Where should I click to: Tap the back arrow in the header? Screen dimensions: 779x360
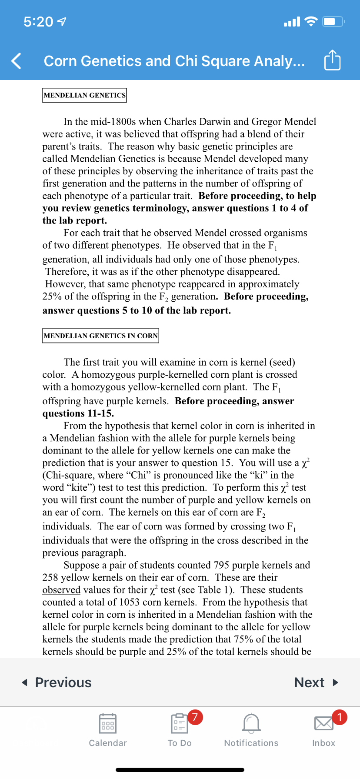click(17, 61)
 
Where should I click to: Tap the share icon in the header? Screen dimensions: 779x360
click(332, 60)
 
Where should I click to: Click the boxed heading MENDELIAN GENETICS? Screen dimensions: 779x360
click(84, 95)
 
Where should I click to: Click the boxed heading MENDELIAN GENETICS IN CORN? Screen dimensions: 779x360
click(100, 336)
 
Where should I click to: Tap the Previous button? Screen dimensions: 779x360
click(57, 682)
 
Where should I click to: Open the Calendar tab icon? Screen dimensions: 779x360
click(107, 724)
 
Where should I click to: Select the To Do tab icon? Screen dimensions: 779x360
click(179, 724)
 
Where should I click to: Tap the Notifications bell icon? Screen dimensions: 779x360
click(251, 724)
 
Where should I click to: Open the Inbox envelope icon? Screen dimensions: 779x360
click(323, 724)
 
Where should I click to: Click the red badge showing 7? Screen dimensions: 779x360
click(195, 717)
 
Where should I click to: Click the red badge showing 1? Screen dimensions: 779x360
click(339, 717)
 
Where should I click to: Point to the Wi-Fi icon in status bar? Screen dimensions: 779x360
click(311, 21)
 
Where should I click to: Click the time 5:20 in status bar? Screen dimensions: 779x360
click(38, 22)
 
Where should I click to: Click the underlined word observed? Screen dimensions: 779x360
click(61, 590)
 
